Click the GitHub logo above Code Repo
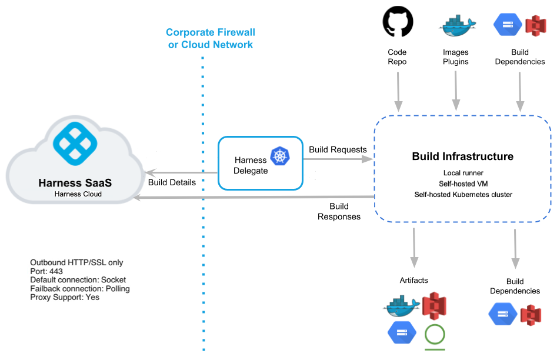pos(398,23)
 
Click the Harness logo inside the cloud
pos(76,142)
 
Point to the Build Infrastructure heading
pos(462,156)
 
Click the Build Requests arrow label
pos(338,150)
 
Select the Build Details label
pos(172,182)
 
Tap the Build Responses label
pos(339,211)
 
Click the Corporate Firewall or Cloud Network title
pos(211,38)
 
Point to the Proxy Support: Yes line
pos(65,297)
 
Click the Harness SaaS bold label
pos(75,183)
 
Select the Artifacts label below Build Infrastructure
pos(413,280)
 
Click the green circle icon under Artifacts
pos(435,334)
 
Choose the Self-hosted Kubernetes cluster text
pos(462,194)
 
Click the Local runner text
pos(463,173)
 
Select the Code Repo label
pos(398,57)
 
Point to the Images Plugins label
pos(456,57)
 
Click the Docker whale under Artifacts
pos(402,306)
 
